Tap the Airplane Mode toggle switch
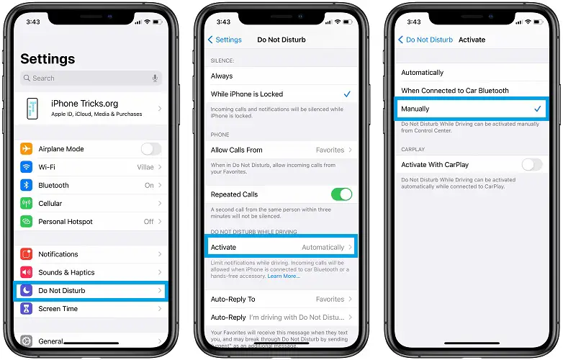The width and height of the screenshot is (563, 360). click(x=150, y=149)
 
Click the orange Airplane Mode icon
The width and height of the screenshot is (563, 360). click(x=27, y=149)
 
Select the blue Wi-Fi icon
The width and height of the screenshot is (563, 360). click(x=27, y=167)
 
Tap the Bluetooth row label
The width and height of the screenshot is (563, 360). click(x=53, y=185)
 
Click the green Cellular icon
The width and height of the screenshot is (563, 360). click(x=27, y=204)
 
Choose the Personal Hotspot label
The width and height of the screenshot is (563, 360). click(x=66, y=222)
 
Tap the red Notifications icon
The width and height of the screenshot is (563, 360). click(x=27, y=254)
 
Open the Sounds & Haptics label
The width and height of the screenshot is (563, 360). click(x=66, y=272)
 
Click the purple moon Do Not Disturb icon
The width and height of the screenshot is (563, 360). click(x=27, y=291)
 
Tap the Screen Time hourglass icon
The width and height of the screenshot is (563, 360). click(x=27, y=309)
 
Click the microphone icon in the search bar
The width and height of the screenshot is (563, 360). click(x=155, y=78)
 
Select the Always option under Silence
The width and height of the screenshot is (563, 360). click(x=222, y=76)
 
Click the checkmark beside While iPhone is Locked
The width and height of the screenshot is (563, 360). click(x=347, y=94)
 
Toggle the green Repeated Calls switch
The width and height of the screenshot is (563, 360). click(x=341, y=194)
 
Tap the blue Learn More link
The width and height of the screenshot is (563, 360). click(x=284, y=276)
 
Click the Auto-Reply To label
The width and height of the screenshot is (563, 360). click(x=233, y=299)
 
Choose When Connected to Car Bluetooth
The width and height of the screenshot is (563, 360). click(x=454, y=91)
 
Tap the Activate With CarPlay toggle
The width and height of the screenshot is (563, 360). click(x=531, y=165)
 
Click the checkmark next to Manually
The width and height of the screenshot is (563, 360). click(x=537, y=109)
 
